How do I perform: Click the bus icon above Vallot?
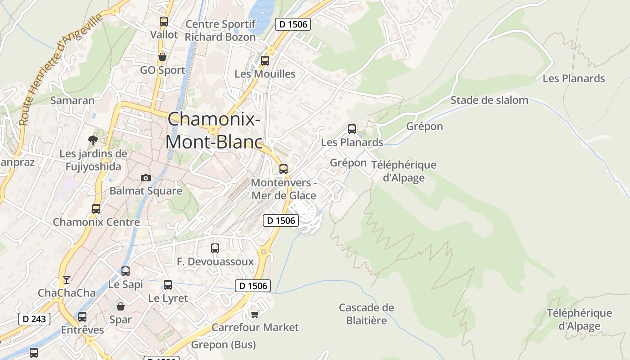164,21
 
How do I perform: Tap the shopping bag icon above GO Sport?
162,57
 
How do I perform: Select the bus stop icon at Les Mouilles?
265,60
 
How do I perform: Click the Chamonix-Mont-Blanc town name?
214,131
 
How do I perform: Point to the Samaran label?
72,100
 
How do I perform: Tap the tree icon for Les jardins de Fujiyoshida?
93,140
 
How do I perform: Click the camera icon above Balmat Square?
145,178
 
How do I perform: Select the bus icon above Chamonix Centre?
96,209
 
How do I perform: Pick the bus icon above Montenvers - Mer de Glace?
283,169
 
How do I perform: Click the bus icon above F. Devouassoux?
215,248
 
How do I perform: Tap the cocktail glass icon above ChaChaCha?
67,280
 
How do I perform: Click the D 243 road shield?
34,319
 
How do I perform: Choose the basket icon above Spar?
121,306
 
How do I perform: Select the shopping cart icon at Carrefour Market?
255,314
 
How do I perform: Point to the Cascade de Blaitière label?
366,314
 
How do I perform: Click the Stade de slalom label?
489,100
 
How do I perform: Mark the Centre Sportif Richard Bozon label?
220,31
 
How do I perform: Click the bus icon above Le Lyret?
168,284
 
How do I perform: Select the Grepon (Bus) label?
224,345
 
